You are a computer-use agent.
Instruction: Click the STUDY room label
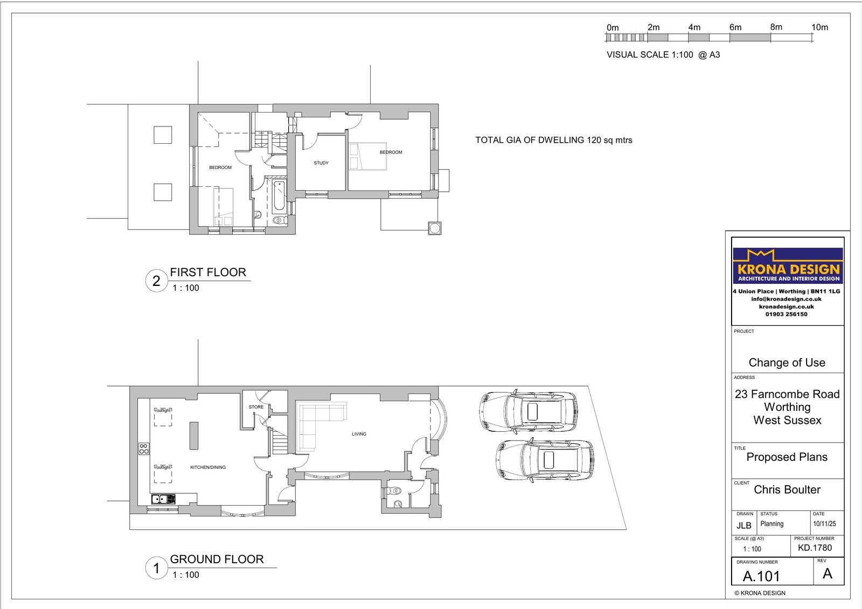pos(321,163)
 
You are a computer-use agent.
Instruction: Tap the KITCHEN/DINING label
pos(208,467)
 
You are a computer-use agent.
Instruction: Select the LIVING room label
pos(359,434)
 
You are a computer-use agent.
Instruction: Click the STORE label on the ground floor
pos(256,407)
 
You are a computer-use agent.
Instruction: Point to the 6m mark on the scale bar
pos(735,27)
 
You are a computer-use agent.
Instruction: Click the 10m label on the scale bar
pos(819,27)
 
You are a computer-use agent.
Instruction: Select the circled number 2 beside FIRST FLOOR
pos(156,281)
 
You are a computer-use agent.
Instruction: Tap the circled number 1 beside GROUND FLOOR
pos(156,569)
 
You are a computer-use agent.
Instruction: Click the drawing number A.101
pos(761,576)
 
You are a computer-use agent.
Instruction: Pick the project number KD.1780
pos(815,548)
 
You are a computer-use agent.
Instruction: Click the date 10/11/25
pos(824,524)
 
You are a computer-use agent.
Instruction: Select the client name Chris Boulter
pos(787,489)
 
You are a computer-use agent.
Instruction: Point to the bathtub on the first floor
pos(279,196)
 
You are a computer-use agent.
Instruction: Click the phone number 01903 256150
pos(786,314)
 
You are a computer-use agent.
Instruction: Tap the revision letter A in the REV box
pos(828,574)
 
